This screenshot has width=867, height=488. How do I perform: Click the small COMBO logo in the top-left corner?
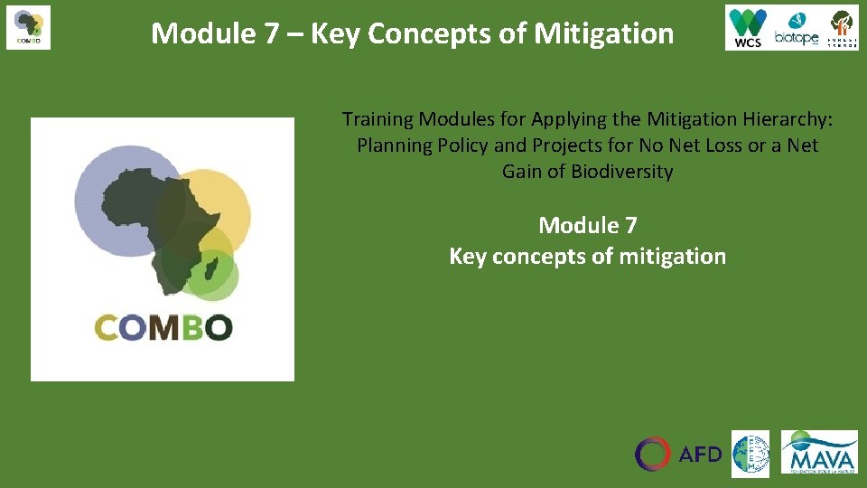point(28,27)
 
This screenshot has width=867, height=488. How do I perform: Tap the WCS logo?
point(749,28)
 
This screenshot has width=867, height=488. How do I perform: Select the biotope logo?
point(796,28)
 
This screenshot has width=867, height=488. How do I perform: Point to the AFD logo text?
point(700,454)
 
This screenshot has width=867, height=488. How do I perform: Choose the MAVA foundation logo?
point(819,453)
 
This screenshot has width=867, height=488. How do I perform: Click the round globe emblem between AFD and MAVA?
point(750,454)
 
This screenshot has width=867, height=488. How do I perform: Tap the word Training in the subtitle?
point(377,119)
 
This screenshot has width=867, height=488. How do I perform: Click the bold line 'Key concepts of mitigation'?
point(587,257)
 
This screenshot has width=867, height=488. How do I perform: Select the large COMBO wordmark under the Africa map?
point(163,328)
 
